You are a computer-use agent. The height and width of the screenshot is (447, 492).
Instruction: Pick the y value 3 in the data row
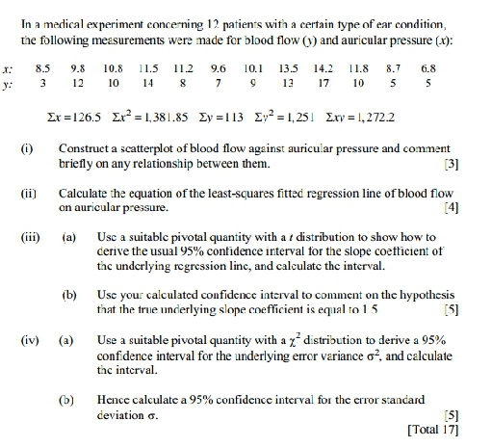(x=42, y=84)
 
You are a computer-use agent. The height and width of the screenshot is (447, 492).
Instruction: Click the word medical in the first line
(x=56, y=13)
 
